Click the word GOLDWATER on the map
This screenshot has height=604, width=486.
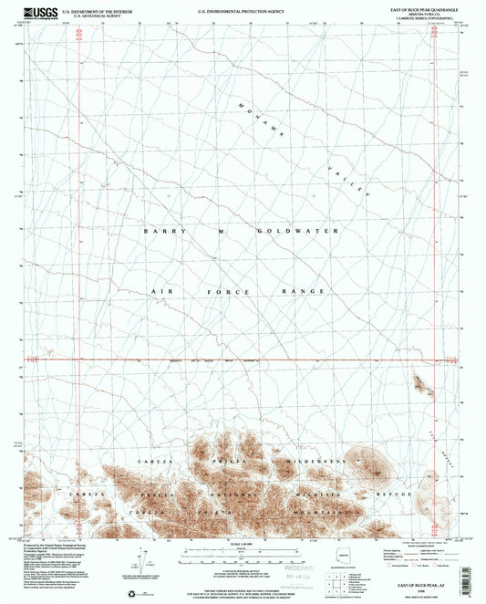(x=297, y=232)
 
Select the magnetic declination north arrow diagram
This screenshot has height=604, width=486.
(x=146, y=557)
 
